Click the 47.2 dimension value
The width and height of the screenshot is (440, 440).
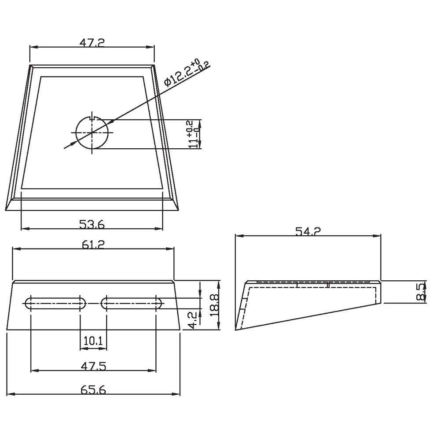coord(92,43)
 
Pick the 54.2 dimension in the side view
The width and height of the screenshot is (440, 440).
coord(307,232)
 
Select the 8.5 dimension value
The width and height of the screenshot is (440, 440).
coord(421,292)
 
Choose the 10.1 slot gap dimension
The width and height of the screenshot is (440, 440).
coord(93,341)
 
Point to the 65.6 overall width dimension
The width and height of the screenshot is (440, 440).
coord(93,389)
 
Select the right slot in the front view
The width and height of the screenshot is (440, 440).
coord(132,302)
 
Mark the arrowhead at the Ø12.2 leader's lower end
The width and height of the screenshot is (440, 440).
coord(66,146)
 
